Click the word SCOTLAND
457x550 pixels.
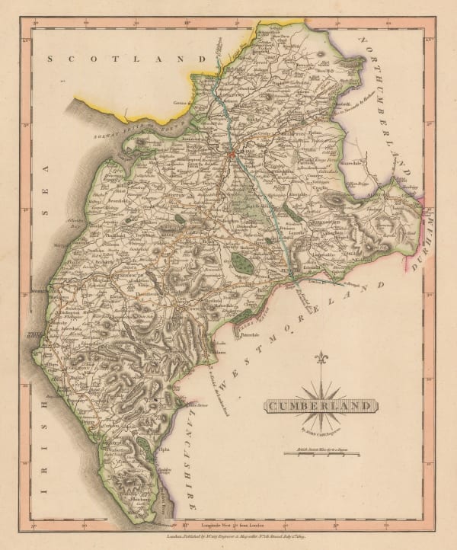[x=126, y=59]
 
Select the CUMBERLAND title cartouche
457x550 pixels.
[x=321, y=406]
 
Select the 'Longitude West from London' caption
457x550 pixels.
[x=228, y=523]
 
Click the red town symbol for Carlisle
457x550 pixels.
[x=231, y=155]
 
